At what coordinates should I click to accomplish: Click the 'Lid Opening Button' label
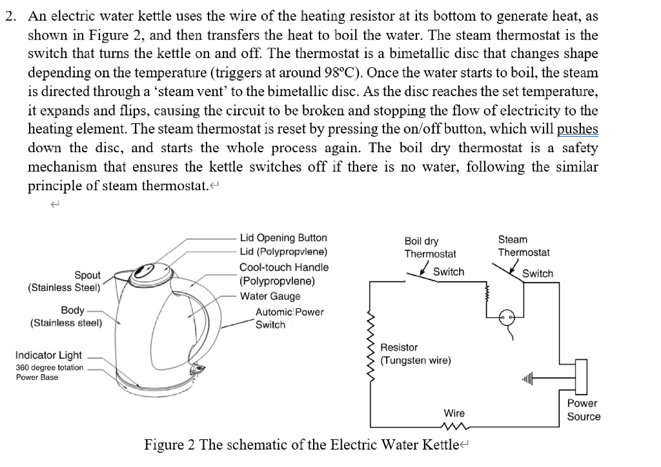283,238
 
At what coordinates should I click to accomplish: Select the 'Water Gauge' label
270,296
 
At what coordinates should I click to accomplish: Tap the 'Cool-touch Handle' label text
284,267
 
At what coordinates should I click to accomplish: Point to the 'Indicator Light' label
48,355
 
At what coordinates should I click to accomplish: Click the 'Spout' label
87,275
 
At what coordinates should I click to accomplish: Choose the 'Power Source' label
584,410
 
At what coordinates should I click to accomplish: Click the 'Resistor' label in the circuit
399,348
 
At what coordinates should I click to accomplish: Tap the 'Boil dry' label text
421,241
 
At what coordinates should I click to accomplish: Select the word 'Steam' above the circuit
513,239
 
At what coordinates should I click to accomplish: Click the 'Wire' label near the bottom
454,413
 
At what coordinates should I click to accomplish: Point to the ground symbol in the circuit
527,379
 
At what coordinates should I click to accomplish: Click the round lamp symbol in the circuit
506,317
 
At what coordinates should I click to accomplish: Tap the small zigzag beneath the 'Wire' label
454,426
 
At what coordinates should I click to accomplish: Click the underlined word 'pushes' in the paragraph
577,129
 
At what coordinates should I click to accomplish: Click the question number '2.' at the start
11,16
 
